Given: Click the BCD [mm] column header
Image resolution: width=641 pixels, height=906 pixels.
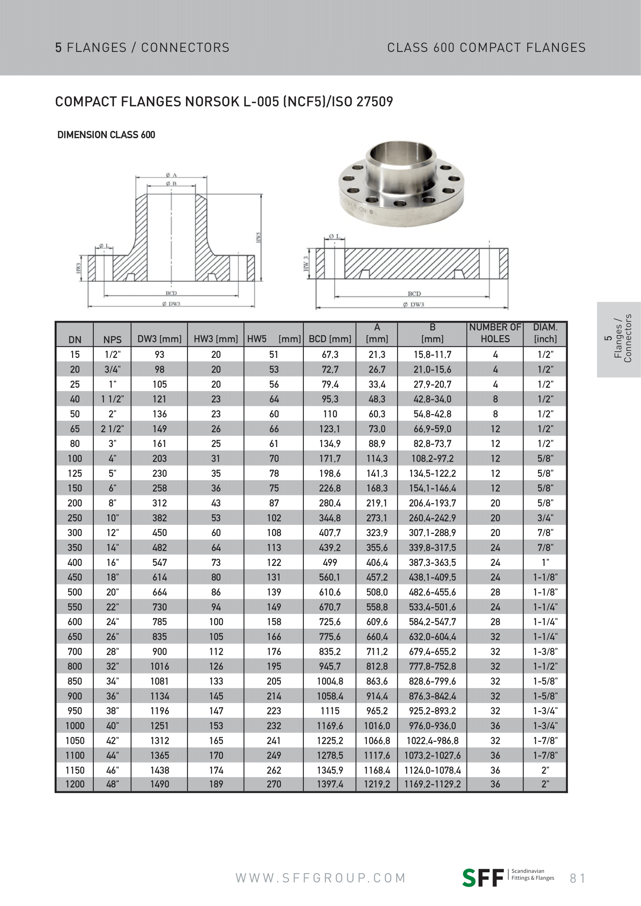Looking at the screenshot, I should [x=329, y=339].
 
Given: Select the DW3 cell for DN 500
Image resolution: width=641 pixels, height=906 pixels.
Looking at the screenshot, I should [x=159, y=592].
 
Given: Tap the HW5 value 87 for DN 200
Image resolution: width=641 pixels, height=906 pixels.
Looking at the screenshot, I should [x=274, y=503].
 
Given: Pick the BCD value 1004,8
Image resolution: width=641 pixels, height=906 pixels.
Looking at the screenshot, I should [x=329, y=681].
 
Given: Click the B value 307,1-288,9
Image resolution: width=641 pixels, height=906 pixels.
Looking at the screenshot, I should [x=432, y=533].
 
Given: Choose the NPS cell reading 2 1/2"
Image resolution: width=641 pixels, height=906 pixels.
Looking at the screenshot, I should [x=112, y=429].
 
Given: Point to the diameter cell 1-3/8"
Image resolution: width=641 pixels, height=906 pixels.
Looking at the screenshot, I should [x=545, y=652].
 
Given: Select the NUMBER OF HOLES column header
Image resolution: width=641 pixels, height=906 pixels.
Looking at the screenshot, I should [x=495, y=333].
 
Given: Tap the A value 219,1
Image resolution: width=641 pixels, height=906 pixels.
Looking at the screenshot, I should [x=377, y=503].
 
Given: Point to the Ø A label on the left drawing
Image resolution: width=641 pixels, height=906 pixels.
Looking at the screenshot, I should [x=171, y=175].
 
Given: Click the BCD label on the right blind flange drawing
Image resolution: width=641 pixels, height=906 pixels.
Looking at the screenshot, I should [x=414, y=294].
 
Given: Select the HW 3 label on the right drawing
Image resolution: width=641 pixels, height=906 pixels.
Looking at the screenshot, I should [x=306, y=264].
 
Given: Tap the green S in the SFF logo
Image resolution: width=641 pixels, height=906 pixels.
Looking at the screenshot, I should [x=469, y=878].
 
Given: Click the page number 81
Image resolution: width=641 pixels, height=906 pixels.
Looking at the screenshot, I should [x=577, y=878].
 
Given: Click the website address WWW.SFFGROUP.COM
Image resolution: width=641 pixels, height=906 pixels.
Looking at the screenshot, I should [x=320, y=878].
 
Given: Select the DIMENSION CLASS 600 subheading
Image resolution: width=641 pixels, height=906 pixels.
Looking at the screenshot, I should [x=106, y=135].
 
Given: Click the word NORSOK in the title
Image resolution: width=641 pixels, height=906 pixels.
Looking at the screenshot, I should [x=212, y=102].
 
